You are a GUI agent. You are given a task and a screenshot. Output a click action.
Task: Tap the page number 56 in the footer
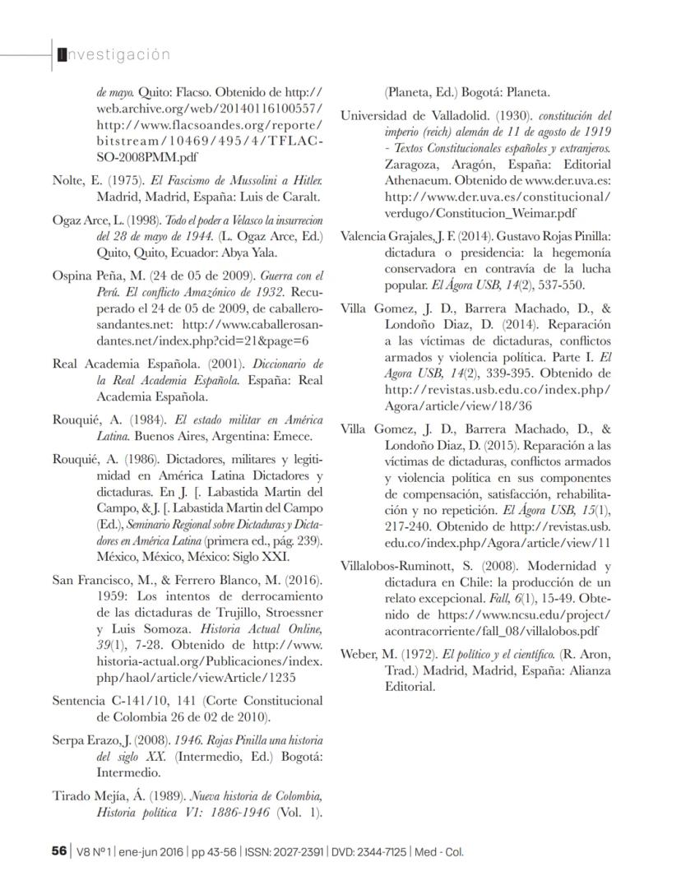coord(58,851)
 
